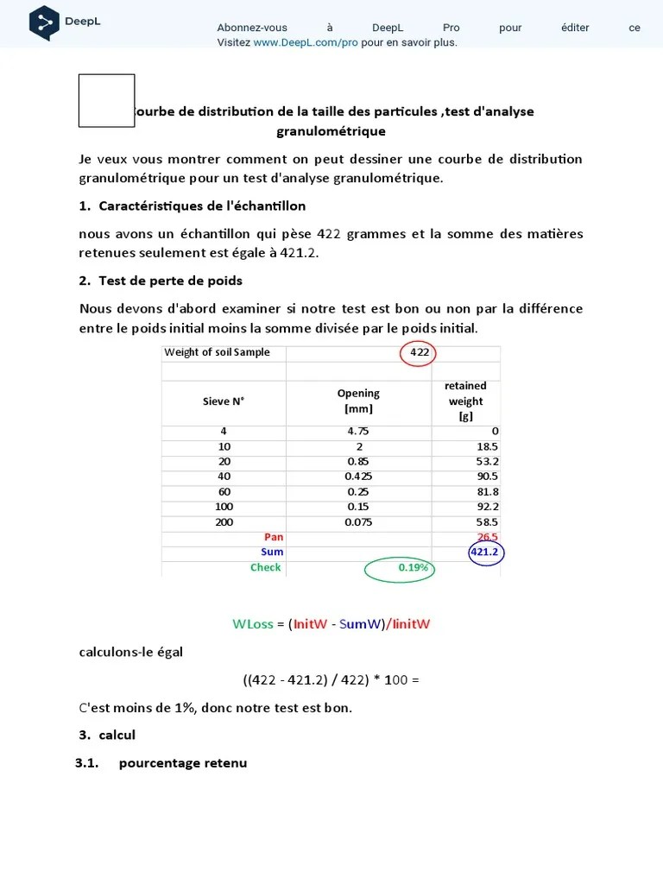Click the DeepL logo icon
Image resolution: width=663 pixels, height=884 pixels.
[x=44, y=22]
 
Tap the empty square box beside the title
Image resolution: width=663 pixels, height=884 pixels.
[x=106, y=101]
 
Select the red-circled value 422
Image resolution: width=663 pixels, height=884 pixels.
[x=420, y=352]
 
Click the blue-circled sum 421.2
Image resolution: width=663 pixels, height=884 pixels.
[x=485, y=552]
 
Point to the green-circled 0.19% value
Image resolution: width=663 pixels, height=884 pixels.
[x=413, y=568]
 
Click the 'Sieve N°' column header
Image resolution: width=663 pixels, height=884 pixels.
[x=224, y=401]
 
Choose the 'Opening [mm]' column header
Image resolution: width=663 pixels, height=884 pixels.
[x=358, y=401]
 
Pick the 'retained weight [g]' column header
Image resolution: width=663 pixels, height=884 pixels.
[x=465, y=401]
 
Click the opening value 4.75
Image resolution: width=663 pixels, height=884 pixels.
[x=358, y=432]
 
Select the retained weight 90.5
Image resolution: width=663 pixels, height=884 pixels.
[x=487, y=477]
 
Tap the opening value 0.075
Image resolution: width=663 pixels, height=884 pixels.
[x=358, y=522]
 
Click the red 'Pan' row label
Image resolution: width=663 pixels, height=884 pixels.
[x=273, y=537]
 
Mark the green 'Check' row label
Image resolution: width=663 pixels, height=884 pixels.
[x=265, y=568]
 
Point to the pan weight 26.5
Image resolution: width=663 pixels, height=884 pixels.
[x=488, y=537]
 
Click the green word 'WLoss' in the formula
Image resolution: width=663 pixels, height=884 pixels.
[x=253, y=624]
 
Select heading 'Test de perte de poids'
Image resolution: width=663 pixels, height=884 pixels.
[x=170, y=281]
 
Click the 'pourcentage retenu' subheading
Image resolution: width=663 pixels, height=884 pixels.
[x=183, y=763]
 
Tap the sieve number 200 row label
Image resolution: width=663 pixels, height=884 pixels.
[x=224, y=522]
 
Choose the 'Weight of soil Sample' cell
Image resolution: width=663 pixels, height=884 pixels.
[x=217, y=352]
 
